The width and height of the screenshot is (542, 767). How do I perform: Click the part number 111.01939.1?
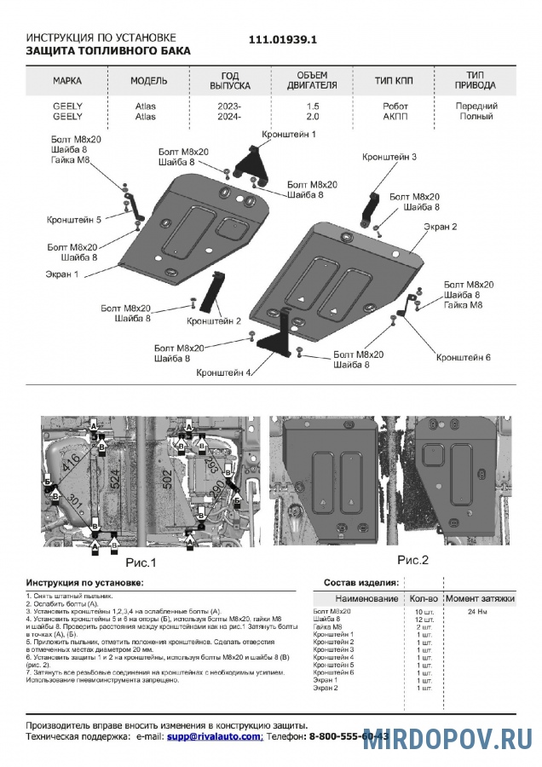(282, 40)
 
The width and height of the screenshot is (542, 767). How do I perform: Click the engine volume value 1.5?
(313, 106)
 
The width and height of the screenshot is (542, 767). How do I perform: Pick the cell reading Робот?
(395, 106)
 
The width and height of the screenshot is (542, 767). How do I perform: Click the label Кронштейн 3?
(389, 157)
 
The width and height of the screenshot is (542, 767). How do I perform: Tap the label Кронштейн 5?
(74, 219)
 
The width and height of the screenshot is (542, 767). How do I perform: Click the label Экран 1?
(62, 274)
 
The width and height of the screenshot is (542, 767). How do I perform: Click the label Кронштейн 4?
(223, 372)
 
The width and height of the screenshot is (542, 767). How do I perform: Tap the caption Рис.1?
(141, 562)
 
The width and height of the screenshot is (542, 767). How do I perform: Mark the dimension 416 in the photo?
(72, 464)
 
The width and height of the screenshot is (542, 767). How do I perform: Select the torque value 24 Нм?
(477, 612)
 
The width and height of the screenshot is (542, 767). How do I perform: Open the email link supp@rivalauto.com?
(214, 735)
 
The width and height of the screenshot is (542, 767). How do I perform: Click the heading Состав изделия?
(360, 582)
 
